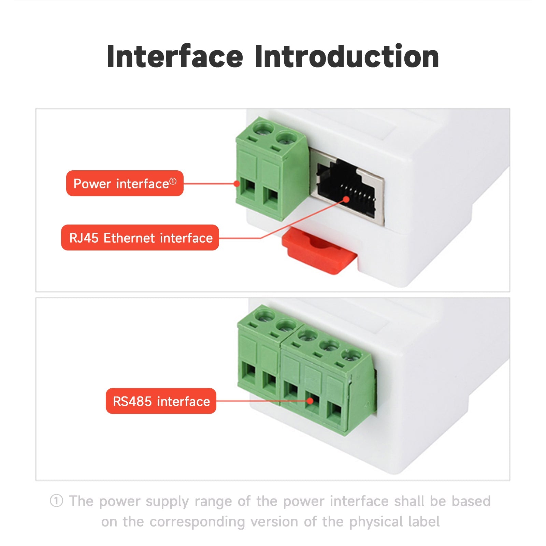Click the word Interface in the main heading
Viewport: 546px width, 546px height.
tap(175, 56)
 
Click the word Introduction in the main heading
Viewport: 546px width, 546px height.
tap(347, 56)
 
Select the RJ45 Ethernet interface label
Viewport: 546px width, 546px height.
tap(140, 238)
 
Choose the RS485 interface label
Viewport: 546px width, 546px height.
tap(161, 401)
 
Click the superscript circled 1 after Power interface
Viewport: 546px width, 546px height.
tap(173, 182)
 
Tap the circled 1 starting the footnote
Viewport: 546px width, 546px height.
tap(57, 501)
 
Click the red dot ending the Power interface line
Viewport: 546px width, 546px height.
tap(236, 184)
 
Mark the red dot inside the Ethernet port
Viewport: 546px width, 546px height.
tap(346, 199)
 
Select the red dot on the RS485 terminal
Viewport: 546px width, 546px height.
tap(310, 401)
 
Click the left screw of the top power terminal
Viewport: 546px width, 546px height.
tap(263, 129)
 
